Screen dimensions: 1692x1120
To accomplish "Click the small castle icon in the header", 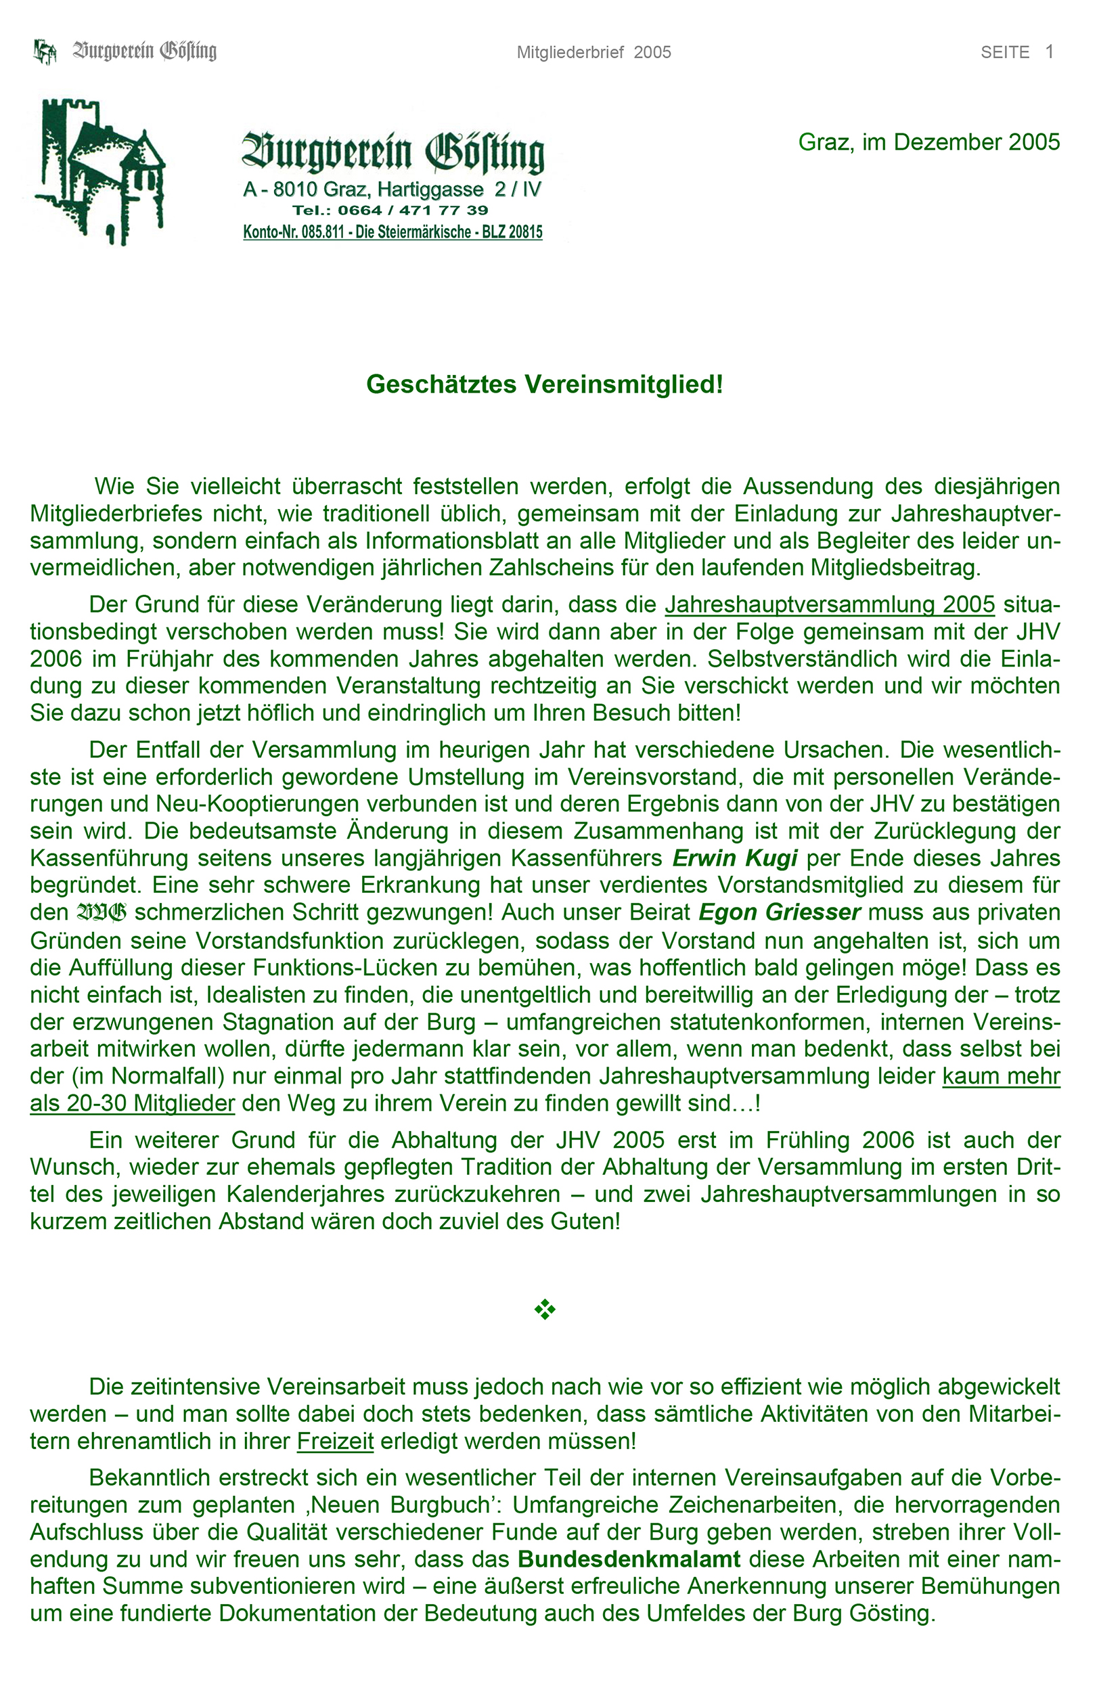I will click(45, 51).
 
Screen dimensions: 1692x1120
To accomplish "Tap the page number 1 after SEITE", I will click(1050, 51).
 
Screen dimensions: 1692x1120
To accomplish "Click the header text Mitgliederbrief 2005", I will click(593, 52).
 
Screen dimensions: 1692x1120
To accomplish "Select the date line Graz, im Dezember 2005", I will click(928, 142).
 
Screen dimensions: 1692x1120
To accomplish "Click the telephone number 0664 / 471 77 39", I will click(390, 210).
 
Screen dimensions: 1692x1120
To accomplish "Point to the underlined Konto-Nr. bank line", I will click(393, 232).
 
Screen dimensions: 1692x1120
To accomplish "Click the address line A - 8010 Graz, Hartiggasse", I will click(392, 190).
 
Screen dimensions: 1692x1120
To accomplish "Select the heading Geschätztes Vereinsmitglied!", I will click(544, 384).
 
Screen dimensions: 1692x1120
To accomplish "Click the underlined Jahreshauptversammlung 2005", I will click(829, 604).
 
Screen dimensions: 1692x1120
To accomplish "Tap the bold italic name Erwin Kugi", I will click(735, 858).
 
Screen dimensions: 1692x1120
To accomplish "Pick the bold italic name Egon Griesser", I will click(780, 912).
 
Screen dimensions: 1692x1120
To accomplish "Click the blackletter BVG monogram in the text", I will click(102, 913).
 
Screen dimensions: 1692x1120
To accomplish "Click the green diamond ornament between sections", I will click(545, 1309).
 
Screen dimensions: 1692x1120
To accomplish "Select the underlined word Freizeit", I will click(335, 1441).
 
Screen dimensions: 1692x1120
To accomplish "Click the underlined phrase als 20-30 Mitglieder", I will click(132, 1103).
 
